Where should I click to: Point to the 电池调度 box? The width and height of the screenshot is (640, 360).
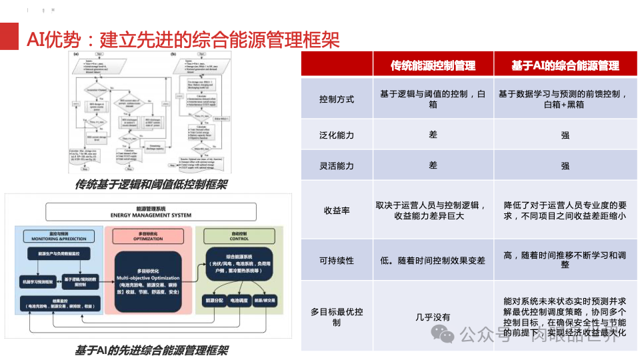[x=239, y=301]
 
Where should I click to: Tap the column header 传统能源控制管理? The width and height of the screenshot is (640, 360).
[x=433, y=65]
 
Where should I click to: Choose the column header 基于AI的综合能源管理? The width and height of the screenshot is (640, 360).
[x=565, y=65]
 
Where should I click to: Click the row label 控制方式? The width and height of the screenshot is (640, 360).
[x=337, y=99]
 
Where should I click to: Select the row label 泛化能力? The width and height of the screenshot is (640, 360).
[x=337, y=135]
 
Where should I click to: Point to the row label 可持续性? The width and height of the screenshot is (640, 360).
[x=337, y=259]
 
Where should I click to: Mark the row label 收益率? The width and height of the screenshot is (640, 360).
[x=337, y=210]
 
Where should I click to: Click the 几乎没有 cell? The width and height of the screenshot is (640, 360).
[x=433, y=317]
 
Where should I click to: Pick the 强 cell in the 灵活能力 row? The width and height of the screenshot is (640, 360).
[x=565, y=166]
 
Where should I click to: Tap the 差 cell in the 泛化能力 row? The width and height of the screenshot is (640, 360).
[x=433, y=135]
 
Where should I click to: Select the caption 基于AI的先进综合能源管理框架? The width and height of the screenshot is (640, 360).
[x=151, y=349]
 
